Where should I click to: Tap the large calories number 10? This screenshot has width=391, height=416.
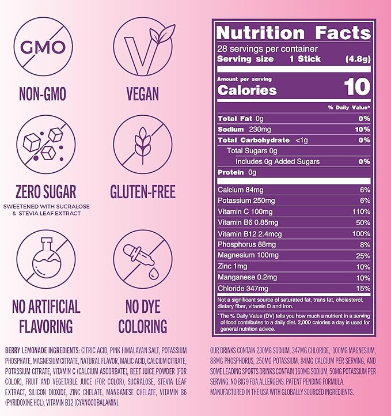pos(357,87)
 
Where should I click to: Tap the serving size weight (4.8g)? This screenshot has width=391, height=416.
pos(356,59)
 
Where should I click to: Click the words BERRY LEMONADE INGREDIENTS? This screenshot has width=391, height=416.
pos(46,350)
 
